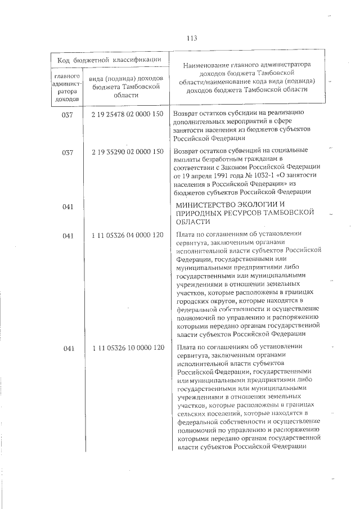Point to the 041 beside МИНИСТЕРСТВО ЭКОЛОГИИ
[69, 208]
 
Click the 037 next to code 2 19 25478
[69, 115]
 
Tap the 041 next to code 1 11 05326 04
[69, 236]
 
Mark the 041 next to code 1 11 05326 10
[69, 348]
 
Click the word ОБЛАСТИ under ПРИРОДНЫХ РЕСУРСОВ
[193, 222]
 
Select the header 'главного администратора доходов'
[69, 87]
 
